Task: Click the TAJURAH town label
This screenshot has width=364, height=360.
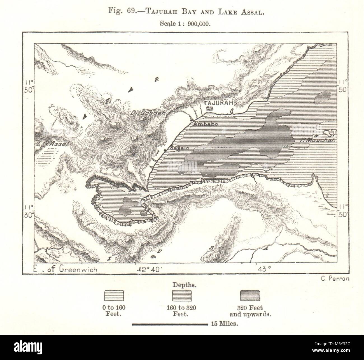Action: point(219,103)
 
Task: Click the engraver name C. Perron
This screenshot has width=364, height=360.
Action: point(333,278)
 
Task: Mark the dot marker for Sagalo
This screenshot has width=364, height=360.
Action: point(165,151)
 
